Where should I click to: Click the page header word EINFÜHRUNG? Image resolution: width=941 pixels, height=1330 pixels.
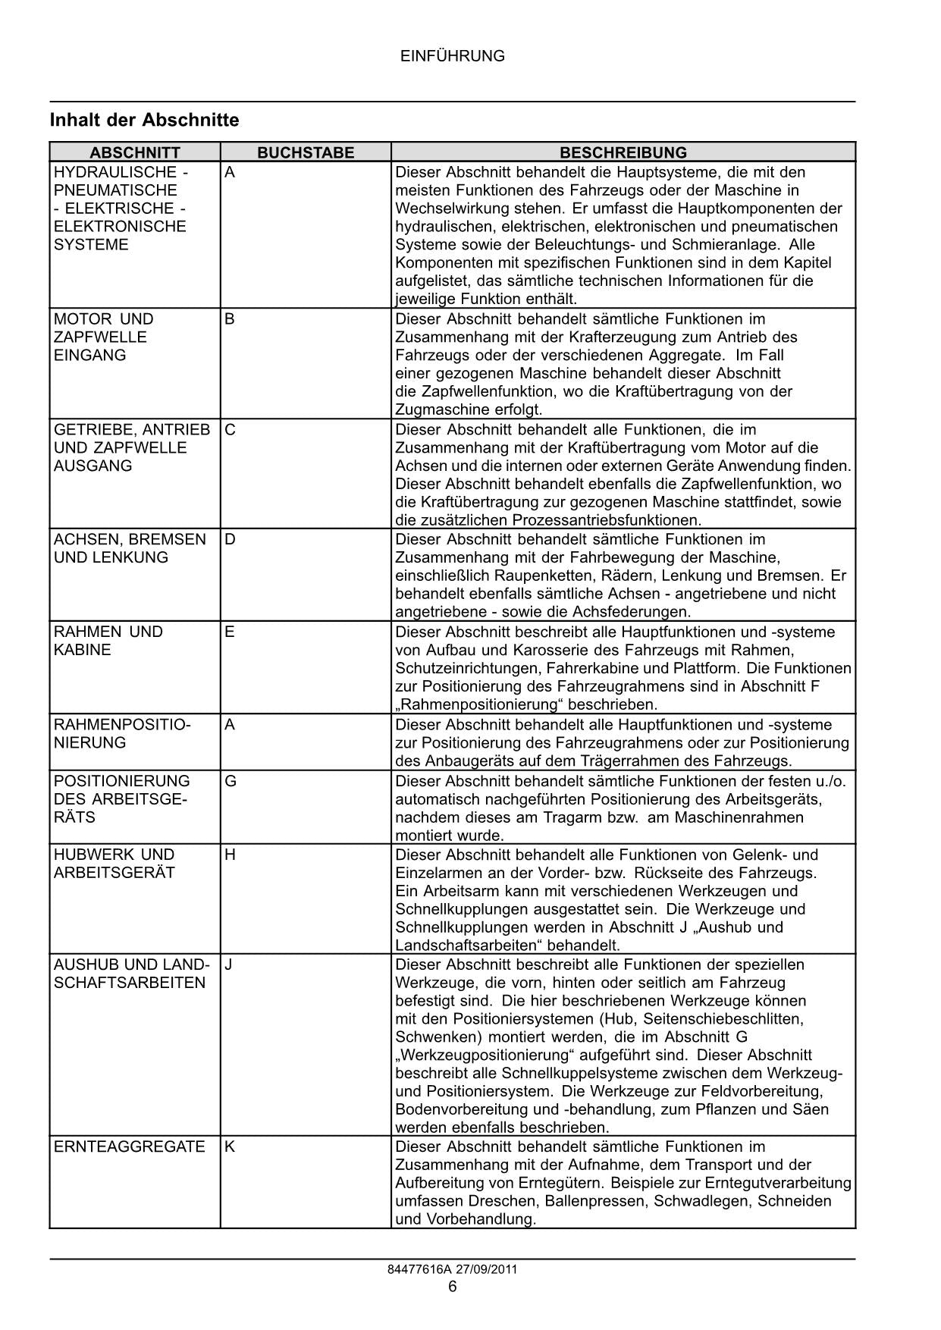(452, 56)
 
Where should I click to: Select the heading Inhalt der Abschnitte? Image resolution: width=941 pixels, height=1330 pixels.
(144, 121)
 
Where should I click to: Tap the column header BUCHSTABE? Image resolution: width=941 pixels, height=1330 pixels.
(306, 152)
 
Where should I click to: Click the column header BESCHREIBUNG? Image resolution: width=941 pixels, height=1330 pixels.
(623, 152)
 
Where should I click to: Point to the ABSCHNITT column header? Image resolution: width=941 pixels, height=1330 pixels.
(135, 152)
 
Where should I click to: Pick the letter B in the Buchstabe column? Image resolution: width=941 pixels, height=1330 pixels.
(230, 319)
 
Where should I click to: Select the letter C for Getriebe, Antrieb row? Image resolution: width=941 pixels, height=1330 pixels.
(231, 430)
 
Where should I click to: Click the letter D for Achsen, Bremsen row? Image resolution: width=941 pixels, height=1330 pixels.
(231, 540)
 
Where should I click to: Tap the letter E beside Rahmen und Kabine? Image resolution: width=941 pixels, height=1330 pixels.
(230, 632)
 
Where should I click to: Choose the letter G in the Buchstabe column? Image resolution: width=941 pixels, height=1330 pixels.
(231, 781)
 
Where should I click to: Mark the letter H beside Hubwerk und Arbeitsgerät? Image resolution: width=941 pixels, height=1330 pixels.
(231, 855)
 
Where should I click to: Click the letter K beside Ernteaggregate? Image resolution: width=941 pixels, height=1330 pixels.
(230, 1146)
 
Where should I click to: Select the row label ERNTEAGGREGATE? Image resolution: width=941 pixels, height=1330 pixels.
(130, 1146)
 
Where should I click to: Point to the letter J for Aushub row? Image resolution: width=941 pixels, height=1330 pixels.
(229, 965)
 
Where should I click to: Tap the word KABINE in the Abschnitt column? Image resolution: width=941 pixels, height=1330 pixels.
(83, 651)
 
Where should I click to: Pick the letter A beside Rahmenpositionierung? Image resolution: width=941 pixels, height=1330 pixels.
(230, 725)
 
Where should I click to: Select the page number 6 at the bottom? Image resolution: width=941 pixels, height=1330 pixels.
(453, 1287)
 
